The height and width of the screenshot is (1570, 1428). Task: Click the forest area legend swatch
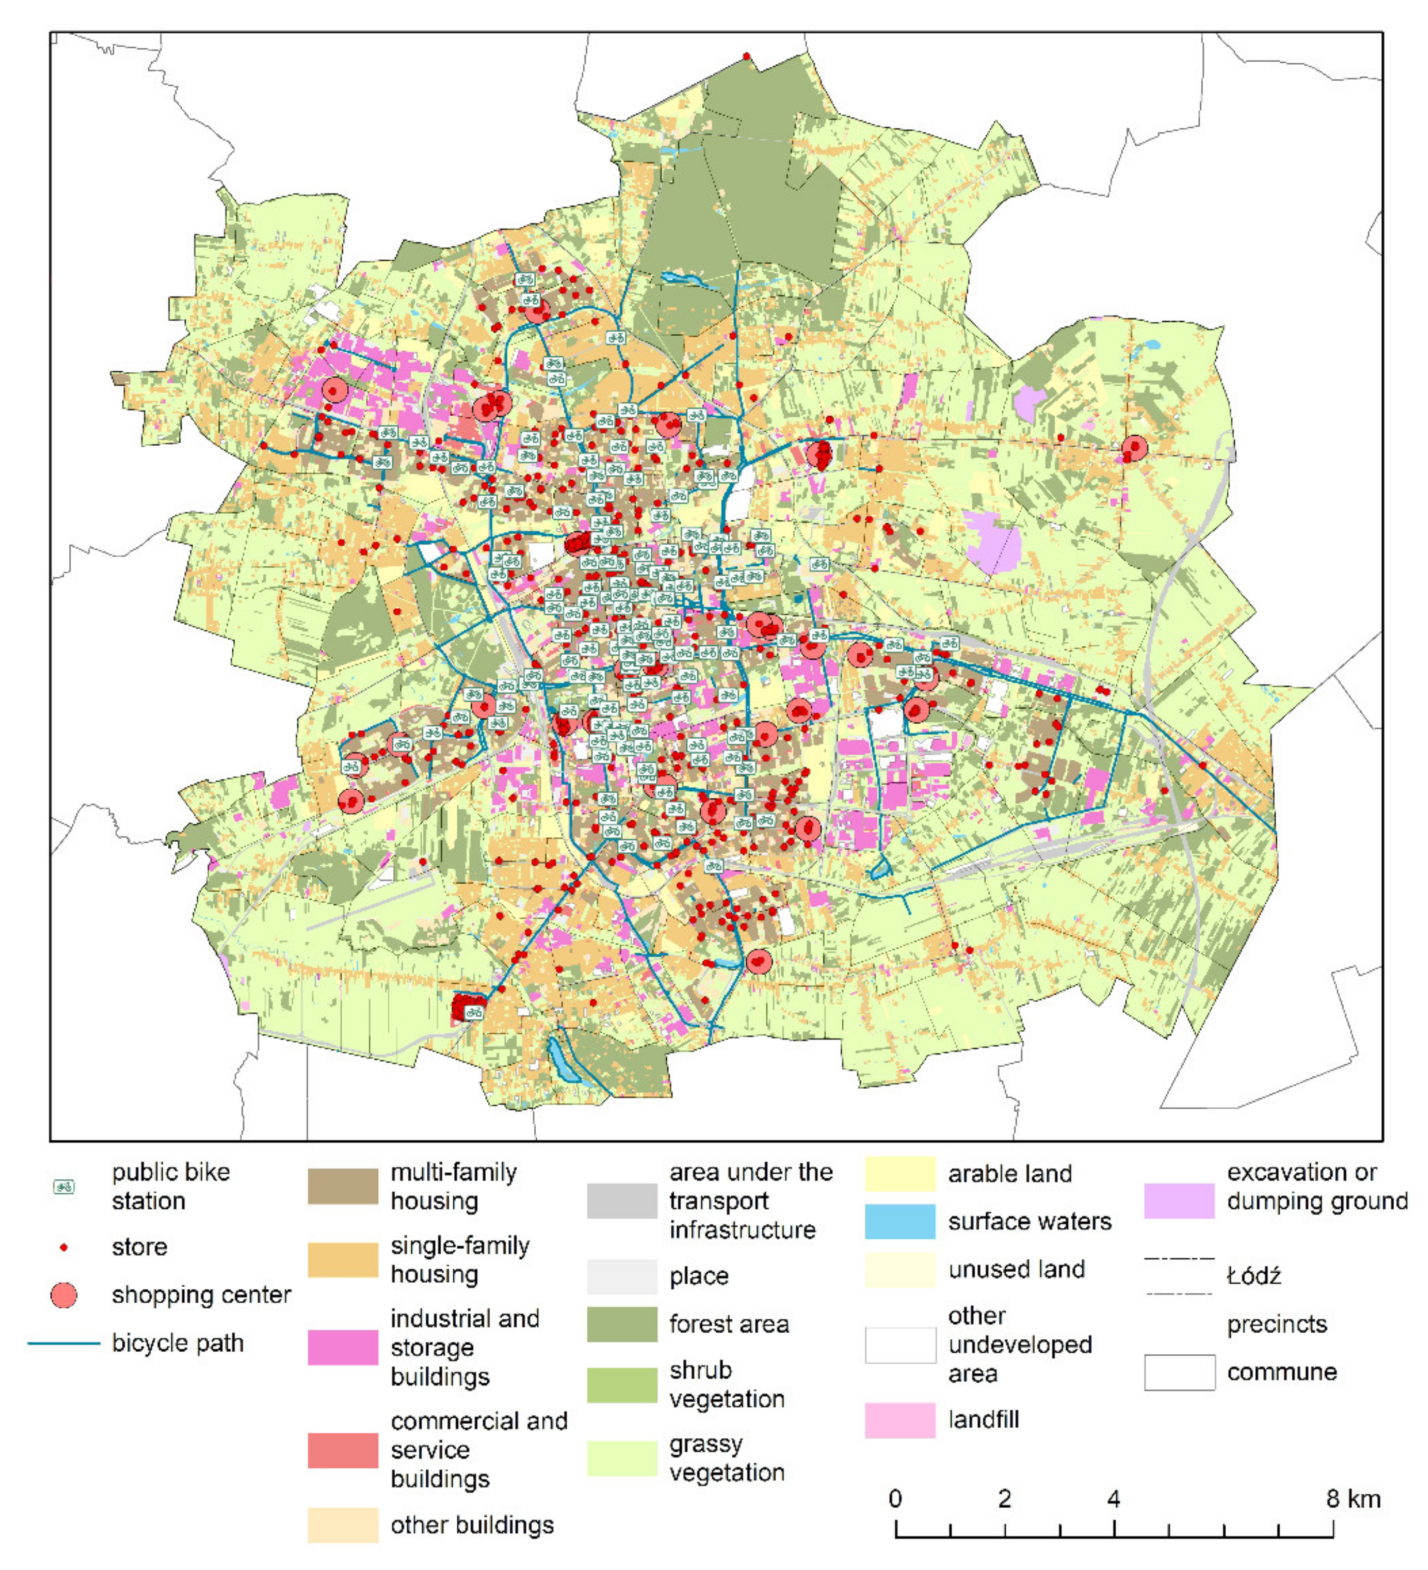(x=621, y=1325)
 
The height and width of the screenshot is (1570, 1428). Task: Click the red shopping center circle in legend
(x=64, y=1296)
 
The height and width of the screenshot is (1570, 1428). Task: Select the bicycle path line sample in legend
(x=64, y=1343)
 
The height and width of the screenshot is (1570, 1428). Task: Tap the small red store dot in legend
(x=64, y=1248)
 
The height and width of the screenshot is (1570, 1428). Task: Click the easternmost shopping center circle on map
(x=1134, y=448)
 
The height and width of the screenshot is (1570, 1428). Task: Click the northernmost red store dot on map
(x=746, y=56)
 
